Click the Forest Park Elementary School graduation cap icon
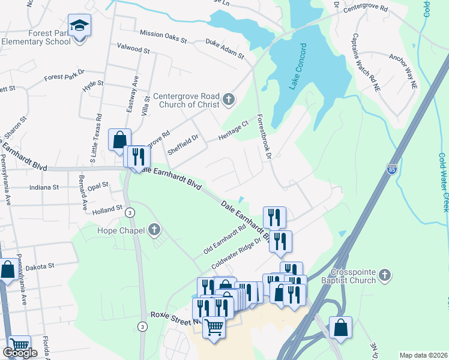(x=79, y=26)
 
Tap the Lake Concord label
(x=298, y=66)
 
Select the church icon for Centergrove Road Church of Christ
(x=228, y=100)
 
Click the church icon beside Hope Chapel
(x=154, y=229)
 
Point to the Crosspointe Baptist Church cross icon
(x=385, y=275)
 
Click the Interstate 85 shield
(x=391, y=170)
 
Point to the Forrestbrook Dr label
(x=265, y=137)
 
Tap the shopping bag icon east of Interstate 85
(x=340, y=328)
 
